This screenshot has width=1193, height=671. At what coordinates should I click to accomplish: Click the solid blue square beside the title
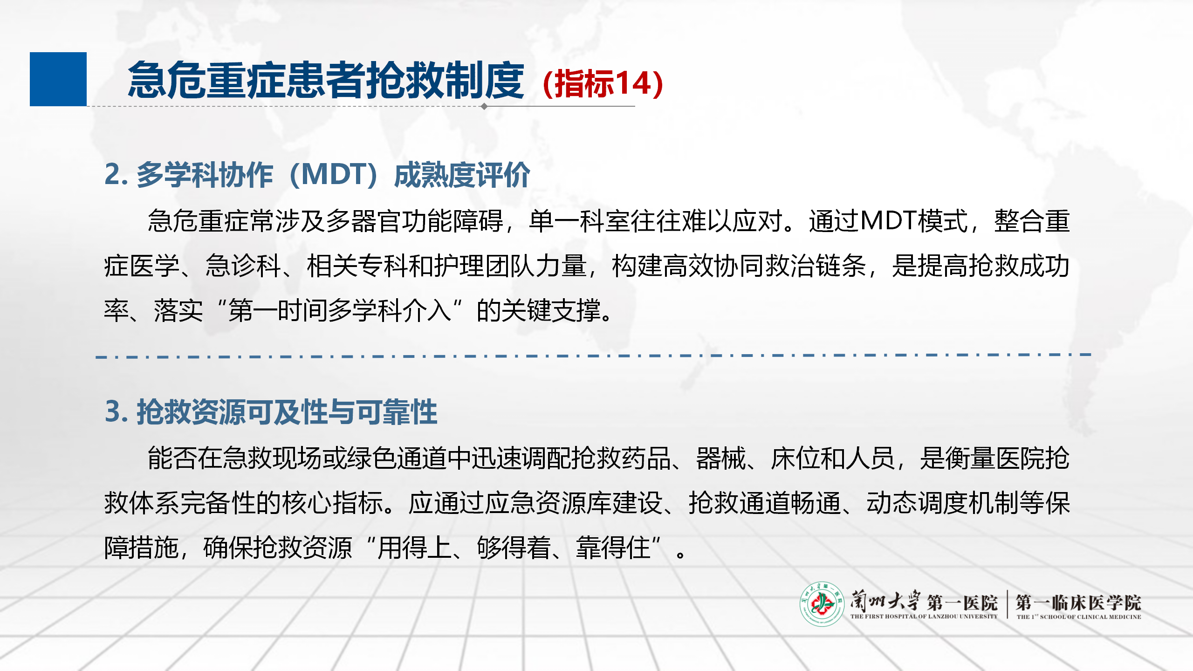point(58,79)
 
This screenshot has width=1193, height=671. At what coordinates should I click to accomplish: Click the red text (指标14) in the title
point(603,83)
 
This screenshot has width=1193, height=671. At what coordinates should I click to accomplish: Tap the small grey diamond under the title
point(484,106)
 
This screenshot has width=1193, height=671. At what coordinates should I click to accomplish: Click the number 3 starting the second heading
point(113,411)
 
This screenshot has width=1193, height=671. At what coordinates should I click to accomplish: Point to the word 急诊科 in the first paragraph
point(243,266)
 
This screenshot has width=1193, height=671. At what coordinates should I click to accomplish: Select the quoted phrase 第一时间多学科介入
point(340,311)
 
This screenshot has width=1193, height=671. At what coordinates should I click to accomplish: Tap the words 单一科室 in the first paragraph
point(580,221)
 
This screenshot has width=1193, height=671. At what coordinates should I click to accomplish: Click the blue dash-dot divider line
point(593,356)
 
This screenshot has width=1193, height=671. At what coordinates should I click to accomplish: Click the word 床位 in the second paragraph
point(795,458)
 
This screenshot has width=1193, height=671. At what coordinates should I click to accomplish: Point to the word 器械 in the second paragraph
point(721,458)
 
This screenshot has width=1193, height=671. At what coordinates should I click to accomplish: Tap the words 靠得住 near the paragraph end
point(613,548)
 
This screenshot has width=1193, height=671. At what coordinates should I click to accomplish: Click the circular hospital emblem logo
point(822,604)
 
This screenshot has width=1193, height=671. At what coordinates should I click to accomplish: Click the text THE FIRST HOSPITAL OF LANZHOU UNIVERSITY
point(924,616)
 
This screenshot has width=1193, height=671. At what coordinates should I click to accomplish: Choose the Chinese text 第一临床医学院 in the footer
point(1078,603)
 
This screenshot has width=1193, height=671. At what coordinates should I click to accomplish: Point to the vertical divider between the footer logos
point(1007,604)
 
